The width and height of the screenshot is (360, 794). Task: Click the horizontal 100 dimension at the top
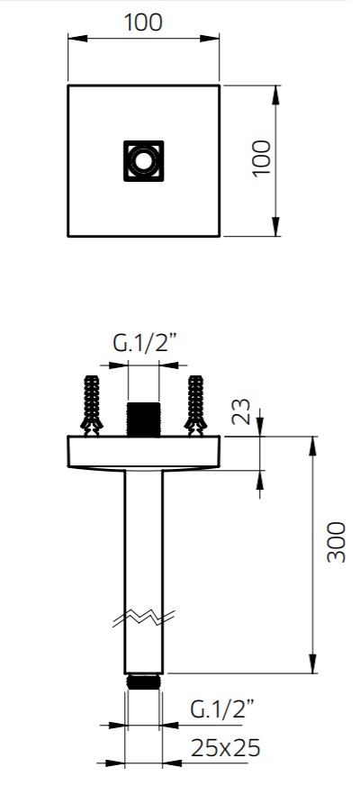(x=143, y=23)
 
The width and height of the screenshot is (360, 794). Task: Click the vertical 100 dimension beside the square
(x=262, y=158)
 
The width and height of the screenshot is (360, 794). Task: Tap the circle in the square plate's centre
(x=144, y=161)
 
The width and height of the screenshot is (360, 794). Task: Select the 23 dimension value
(x=241, y=412)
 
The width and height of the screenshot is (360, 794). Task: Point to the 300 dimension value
(x=337, y=542)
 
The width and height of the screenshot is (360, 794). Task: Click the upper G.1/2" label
(x=144, y=343)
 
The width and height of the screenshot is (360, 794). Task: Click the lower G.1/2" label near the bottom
(x=222, y=709)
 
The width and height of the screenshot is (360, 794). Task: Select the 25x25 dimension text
(x=225, y=747)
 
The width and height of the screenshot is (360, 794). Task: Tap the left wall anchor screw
(x=92, y=405)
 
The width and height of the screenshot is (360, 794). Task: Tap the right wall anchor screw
(x=195, y=405)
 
